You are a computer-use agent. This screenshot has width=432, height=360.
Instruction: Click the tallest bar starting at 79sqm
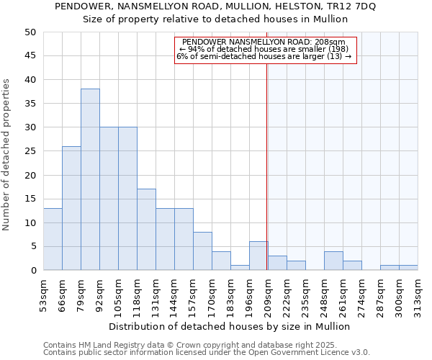[90, 179]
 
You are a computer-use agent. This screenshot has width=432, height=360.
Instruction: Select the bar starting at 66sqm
[71, 208]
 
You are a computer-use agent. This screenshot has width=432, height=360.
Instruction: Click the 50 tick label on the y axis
[30, 32]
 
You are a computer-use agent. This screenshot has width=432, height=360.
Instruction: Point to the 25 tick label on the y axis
[30, 151]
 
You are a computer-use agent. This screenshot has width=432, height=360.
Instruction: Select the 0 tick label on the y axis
[33, 271]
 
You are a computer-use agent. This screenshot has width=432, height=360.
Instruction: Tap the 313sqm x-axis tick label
[418, 296]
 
